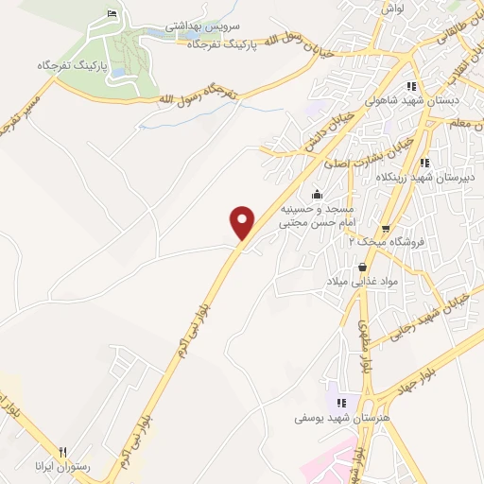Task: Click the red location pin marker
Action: (243, 222)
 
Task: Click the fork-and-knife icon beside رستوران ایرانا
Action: (62, 452)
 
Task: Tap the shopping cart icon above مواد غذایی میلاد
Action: (364, 268)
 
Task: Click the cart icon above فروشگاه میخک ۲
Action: (385, 229)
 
